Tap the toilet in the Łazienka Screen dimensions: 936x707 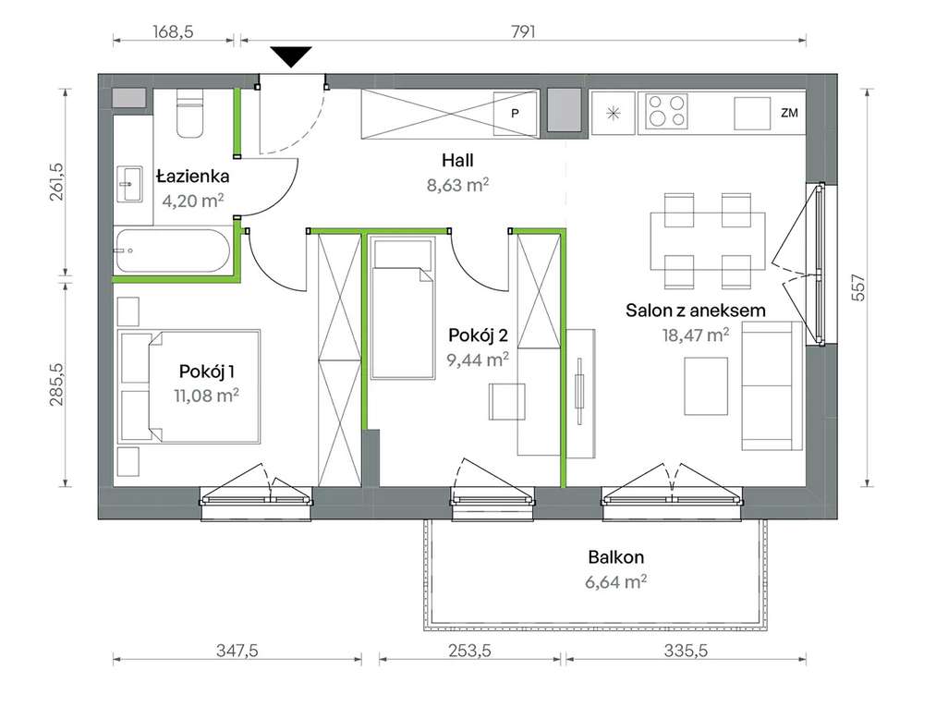tap(189, 114)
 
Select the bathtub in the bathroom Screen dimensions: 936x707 tap(172, 250)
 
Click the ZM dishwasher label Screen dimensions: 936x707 tap(789, 112)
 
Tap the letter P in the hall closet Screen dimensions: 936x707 tap(515, 113)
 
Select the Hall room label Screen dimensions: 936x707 tap(458, 160)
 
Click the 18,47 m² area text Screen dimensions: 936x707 tap(696, 335)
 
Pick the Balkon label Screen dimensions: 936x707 tap(616, 557)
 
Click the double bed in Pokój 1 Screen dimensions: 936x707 tap(189, 386)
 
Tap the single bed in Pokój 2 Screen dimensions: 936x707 tap(402, 308)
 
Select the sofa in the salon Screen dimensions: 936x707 tap(772, 385)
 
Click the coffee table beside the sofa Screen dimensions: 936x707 tap(706, 385)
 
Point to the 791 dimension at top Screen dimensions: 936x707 tap(523, 31)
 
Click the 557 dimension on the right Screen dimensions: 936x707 tap(857, 287)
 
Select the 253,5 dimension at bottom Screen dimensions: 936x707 tap(470, 651)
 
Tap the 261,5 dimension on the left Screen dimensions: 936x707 tap(55, 181)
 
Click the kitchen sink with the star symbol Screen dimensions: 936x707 tap(613, 113)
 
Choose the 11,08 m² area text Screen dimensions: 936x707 tap(207, 395)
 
